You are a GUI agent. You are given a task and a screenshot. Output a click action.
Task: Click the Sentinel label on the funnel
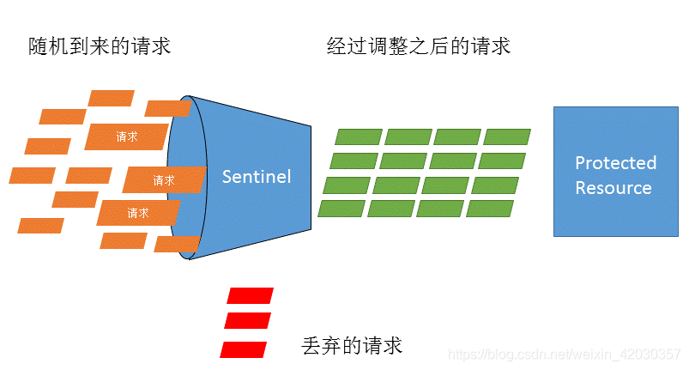257,177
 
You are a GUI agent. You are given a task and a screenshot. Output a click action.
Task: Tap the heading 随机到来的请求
100,46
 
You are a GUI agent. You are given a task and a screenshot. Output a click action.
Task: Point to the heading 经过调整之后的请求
419,46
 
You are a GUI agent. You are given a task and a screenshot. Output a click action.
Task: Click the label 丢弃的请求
353,345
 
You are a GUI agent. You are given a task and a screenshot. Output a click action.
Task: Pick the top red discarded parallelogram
250,296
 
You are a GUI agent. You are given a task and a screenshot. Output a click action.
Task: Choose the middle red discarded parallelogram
247,321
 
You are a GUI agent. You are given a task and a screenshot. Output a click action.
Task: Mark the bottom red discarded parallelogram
244,349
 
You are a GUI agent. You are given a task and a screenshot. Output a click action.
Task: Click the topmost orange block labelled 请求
126,136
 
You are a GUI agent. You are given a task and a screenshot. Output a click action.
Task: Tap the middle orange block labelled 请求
163,180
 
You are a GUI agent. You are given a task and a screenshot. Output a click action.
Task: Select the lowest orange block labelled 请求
137,212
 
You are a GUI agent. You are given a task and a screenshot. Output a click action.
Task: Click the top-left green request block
358,136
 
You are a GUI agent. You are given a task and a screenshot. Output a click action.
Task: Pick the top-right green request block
506,136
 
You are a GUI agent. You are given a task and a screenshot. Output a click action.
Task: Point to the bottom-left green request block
341,209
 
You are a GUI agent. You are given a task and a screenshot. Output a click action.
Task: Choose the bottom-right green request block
490,209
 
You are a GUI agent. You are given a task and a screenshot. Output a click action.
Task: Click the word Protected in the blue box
615,163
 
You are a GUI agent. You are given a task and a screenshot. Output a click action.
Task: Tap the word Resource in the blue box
613,188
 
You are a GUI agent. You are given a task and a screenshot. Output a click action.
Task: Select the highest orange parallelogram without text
112,98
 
